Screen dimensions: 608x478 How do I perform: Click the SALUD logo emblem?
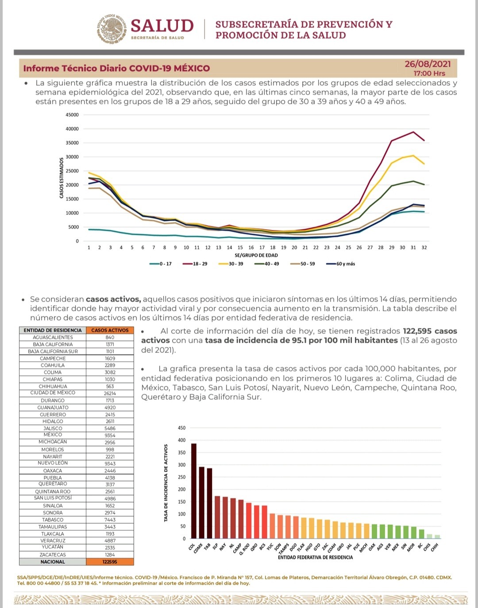pyautogui.click(x=112, y=29)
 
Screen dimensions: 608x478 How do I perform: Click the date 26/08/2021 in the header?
pyautogui.click(x=428, y=64)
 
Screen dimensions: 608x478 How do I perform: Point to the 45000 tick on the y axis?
pyautogui.click(x=72, y=115)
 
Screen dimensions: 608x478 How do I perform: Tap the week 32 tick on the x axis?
pyautogui.click(x=424, y=248)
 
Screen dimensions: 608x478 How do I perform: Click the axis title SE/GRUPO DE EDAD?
pyautogui.click(x=256, y=256)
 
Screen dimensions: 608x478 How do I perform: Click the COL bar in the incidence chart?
pyautogui.click(x=194, y=491)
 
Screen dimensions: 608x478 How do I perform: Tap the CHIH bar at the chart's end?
pyautogui.click(x=437, y=537)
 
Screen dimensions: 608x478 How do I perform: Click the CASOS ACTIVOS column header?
pyautogui.click(x=110, y=330)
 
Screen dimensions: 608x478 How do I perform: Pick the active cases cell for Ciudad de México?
pyautogui.click(x=110, y=393)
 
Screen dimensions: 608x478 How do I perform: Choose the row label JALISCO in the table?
pyautogui.click(x=53, y=428)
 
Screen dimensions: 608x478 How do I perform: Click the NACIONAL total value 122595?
pyautogui.click(x=110, y=562)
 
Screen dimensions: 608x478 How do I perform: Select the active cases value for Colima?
pyautogui.click(x=110, y=372)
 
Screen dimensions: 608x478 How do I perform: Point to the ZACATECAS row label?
pyautogui.click(x=53, y=555)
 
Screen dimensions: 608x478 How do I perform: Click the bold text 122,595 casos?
pyautogui.click(x=430, y=331)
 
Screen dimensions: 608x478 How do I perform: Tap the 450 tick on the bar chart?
pyautogui.click(x=181, y=428)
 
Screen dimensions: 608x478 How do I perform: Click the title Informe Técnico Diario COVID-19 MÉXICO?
pyautogui.click(x=116, y=69)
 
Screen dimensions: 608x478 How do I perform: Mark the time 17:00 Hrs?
pyautogui.click(x=429, y=73)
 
